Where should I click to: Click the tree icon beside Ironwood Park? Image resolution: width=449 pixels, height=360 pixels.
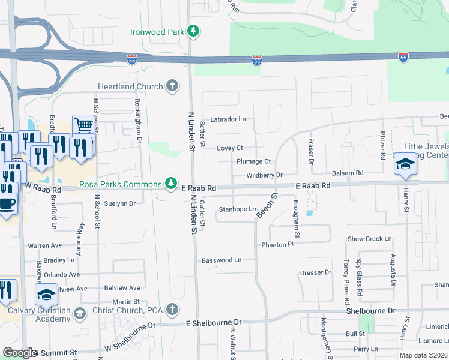click(x=193, y=31)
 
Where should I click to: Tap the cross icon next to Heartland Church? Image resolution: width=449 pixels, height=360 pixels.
click(x=172, y=86)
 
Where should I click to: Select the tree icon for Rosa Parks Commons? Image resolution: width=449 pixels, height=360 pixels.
click(x=172, y=182)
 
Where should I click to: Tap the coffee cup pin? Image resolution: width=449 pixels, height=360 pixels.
click(x=6, y=203)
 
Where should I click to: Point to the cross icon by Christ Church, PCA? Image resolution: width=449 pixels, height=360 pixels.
click(x=172, y=310)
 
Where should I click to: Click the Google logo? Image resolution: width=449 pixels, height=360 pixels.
click(x=20, y=353)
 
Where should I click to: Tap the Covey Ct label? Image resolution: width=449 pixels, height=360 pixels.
click(x=229, y=148)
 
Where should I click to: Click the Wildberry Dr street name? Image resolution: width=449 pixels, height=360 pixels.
click(x=264, y=175)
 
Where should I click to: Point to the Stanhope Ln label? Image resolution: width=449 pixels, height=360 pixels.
click(x=237, y=209)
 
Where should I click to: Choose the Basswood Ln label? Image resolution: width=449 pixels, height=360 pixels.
click(x=221, y=260)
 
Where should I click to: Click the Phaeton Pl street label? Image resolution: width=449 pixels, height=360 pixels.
click(x=277, y=245)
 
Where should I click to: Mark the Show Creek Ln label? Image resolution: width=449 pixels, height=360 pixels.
click(x=369, y=239)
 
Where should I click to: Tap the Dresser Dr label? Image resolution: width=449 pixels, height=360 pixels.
click(x=316, y=272)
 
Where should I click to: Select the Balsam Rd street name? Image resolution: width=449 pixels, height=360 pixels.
click(x=348, y=173)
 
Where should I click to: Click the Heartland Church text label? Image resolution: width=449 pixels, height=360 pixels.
click(x=130, y=86)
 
